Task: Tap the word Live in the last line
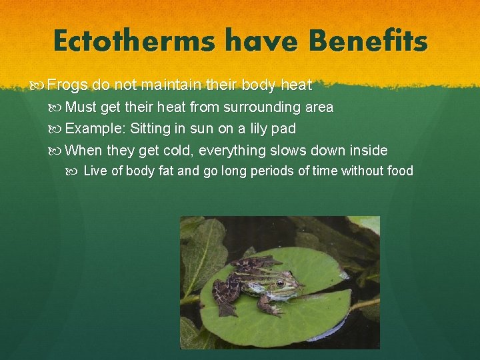[95, 171]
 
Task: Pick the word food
[399, 171]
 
